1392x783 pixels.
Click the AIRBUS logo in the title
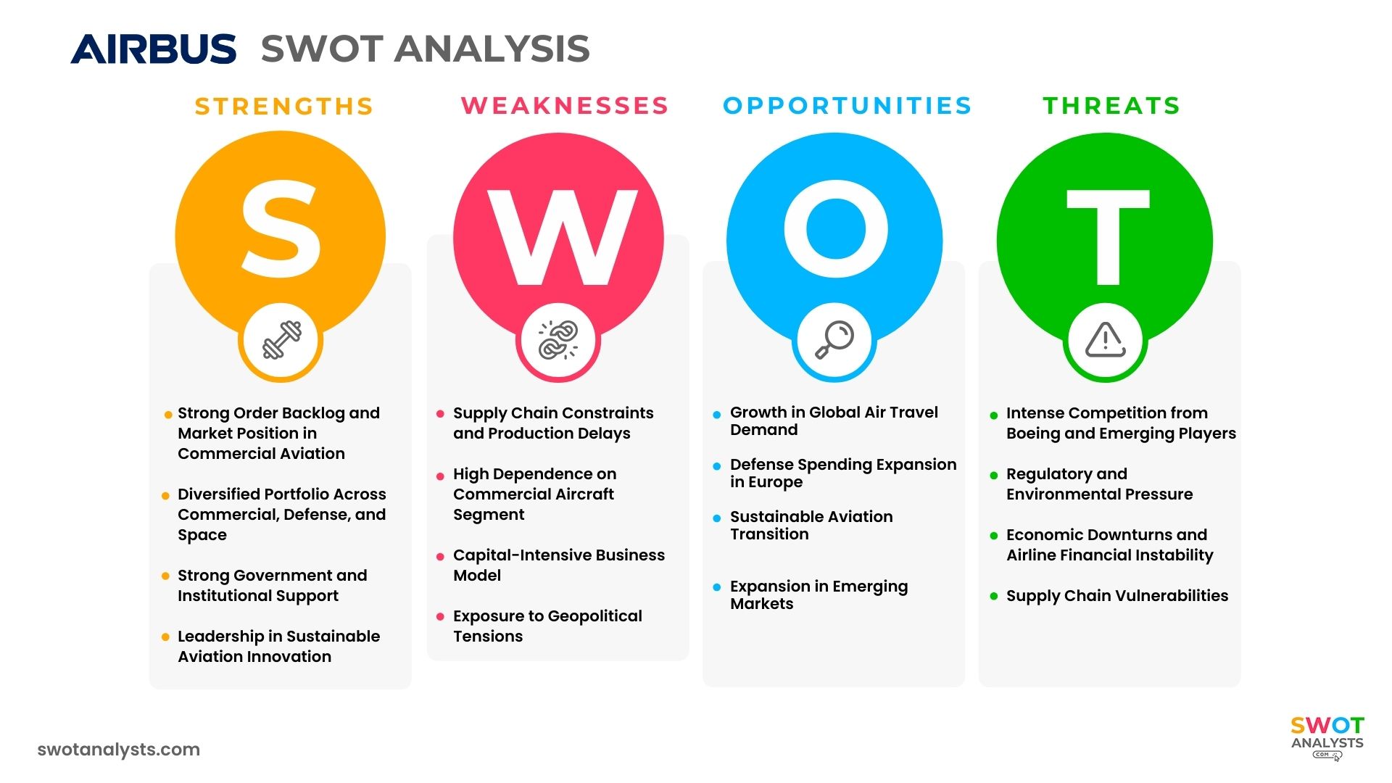click(153, 49)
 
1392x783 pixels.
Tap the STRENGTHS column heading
click(284, 107)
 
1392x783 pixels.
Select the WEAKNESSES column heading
click(565, 106)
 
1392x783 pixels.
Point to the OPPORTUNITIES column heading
click(848, 106)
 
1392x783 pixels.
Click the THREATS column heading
click(1111, 106)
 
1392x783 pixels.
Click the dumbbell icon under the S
click(281, 340)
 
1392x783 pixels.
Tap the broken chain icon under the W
click(558, 340)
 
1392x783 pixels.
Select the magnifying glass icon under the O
click(834, 339)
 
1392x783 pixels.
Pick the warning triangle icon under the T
click(1105, 340)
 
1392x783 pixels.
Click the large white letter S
click(281, 228)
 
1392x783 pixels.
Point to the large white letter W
click(562, 237)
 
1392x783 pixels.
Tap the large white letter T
click(1108, 237)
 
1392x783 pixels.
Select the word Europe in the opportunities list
click(776, 482)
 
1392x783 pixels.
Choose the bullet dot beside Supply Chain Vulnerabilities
click(994, 597)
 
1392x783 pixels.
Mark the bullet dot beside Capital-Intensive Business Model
click(440, 557)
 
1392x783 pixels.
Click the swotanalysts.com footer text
click(119, 750)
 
